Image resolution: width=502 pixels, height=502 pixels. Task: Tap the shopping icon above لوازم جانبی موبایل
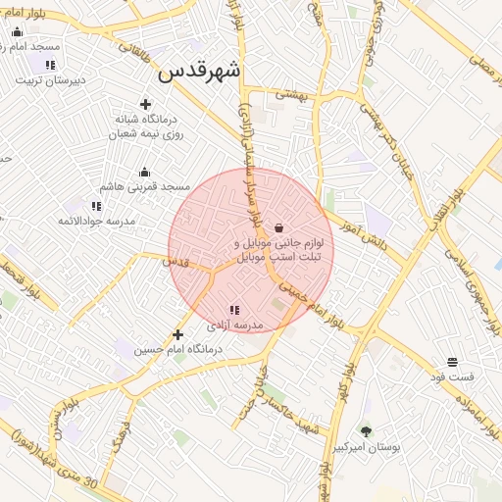(279, 226)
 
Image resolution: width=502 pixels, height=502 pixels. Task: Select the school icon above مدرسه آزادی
(233, 310)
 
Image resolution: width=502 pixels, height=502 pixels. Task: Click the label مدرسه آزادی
(236, 324)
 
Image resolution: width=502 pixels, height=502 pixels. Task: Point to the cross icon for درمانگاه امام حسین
(177, 334)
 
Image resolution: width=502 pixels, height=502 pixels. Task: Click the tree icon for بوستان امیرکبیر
(366, 431)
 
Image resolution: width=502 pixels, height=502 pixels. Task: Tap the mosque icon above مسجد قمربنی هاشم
(145, 173)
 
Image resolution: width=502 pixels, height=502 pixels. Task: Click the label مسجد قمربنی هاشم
(144, 186)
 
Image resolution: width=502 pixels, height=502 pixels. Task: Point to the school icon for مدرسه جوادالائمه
(96, 206)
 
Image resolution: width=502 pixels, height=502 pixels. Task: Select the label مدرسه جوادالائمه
(95, 221)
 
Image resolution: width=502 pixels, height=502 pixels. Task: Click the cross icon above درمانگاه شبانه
(146, 104)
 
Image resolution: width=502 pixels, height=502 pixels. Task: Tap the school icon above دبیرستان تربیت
(50, 65)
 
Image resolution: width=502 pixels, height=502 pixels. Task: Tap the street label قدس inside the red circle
(175, 262)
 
